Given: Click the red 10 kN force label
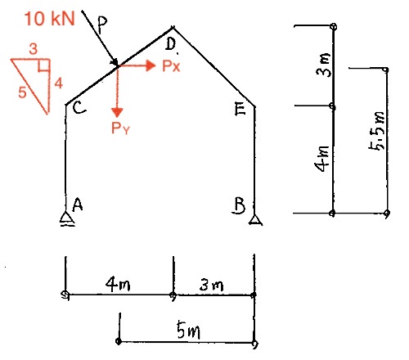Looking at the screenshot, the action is point(49,19).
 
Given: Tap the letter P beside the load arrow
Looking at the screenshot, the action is point(101,25).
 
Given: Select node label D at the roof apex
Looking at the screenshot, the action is point(171,44).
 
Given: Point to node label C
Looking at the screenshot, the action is point(79,109).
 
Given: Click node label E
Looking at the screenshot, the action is point(240,109).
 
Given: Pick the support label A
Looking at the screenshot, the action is point(78,205).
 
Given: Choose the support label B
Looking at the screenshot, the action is point(239,205).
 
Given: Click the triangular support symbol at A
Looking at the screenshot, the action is point(66,219).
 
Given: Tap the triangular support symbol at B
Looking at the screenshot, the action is point(255,220).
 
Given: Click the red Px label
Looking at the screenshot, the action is point(171,66).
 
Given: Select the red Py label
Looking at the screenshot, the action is point(120,128).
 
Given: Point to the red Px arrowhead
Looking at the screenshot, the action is point(151,65).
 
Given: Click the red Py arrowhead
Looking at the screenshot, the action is point(117,113).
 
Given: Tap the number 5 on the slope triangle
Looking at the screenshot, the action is point(22,92).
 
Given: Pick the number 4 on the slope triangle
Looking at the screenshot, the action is point(59,83).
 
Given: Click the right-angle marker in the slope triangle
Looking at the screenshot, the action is point(44,66).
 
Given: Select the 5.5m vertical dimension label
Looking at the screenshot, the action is point(377,131).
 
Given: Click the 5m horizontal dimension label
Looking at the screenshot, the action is point(188,330).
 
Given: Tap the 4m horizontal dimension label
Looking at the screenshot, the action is point(118,284).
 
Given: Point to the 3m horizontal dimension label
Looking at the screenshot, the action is point(211,285).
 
